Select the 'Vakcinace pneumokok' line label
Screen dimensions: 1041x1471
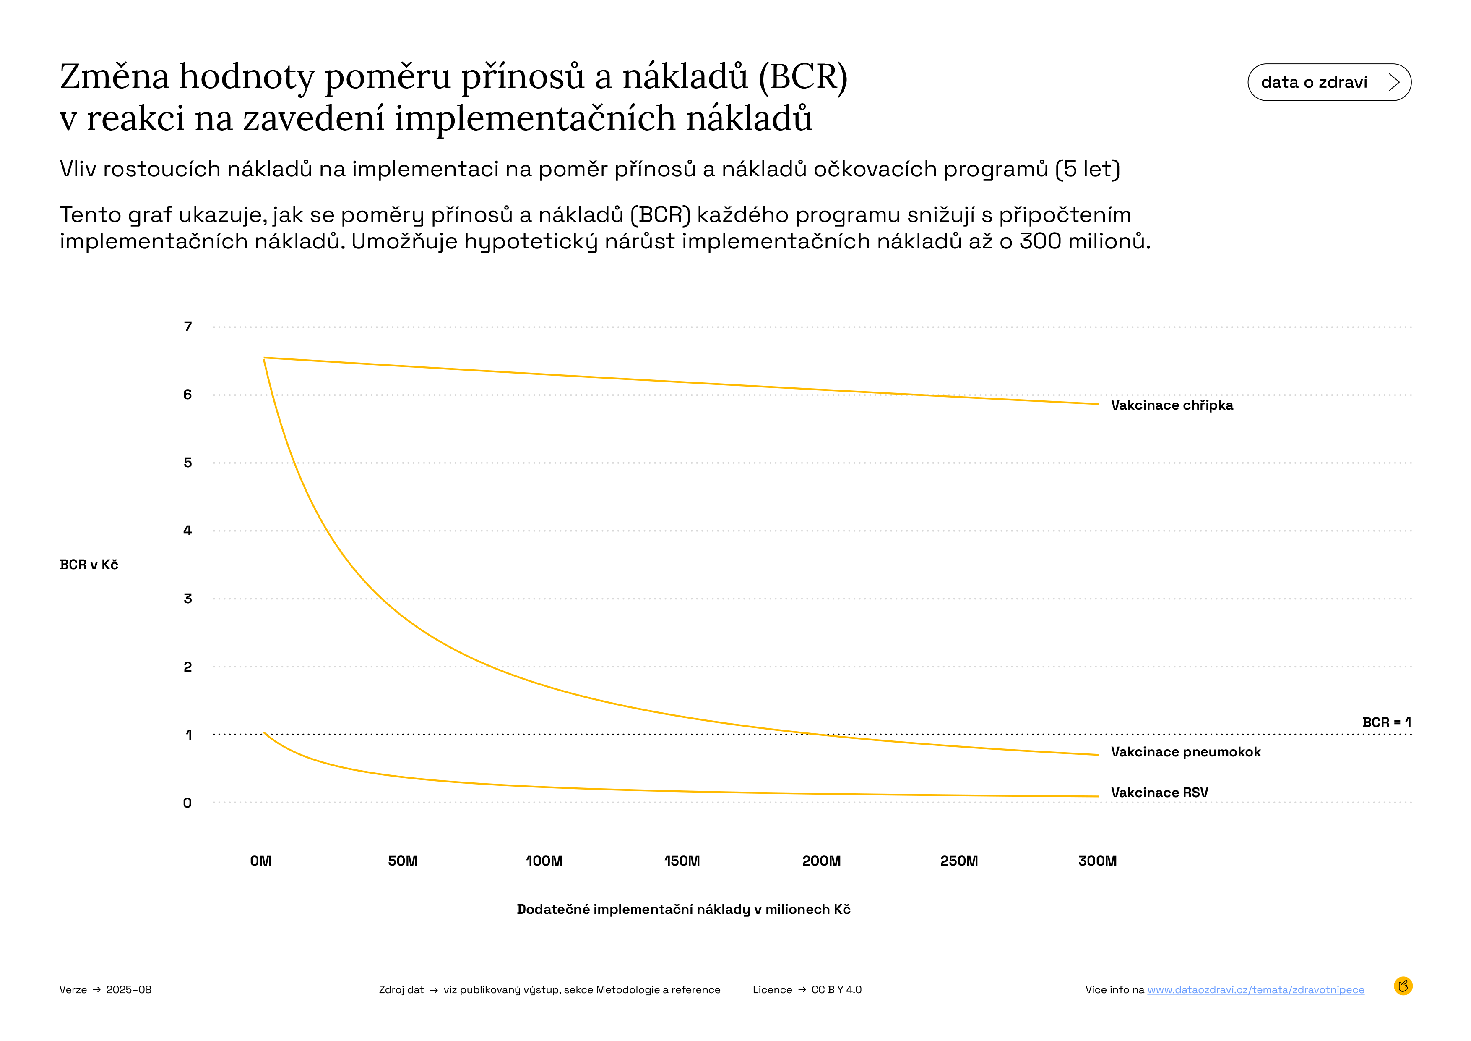coord(1185,752)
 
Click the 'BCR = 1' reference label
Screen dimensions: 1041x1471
coord(1386,722)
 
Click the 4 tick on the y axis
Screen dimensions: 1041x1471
coord(188,531)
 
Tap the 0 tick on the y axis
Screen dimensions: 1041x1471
coord(188,803)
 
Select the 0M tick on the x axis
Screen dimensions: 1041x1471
coord(261,861)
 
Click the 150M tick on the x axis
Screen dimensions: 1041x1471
coord(682,861)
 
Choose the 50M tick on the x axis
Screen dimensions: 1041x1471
coord(402,861)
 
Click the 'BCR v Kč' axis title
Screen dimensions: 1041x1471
coord(89,565)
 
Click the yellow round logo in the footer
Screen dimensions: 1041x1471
coord(1403,986)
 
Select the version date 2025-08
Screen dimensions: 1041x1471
coord(129,990)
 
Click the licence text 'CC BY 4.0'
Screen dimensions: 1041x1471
coord(836,990)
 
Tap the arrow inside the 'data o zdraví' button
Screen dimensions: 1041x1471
coord(1393,82)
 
